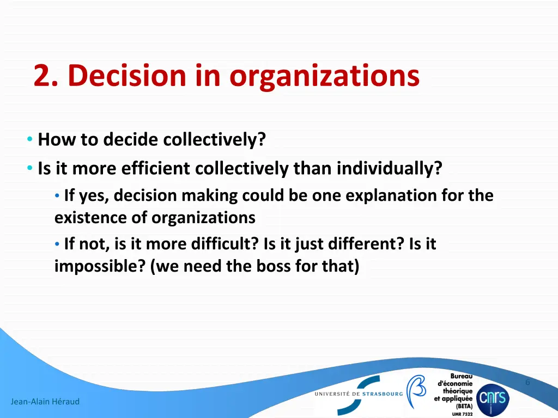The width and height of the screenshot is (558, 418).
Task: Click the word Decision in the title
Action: pyautogui.click(x=126, y=76)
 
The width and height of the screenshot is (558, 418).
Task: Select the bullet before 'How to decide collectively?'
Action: pyautogui.click(x=29, y=140)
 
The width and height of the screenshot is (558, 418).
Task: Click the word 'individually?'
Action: pyautogui.click(x=389, y=169)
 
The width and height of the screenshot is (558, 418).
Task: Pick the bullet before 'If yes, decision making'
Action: pyautogui.click(x=58, y=195)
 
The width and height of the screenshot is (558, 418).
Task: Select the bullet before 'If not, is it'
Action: pyautogui.click(x=58, y=244)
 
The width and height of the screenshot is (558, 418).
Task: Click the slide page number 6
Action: pyautogui.click(x=527, y=382)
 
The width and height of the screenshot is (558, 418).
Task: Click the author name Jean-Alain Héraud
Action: pyautogui.click(x=45, y=402)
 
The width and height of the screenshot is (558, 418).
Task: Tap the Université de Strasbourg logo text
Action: pyautogui.click(x=359, y=394)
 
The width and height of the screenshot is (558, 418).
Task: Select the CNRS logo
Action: pyautogui.click(x=493, y=399)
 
